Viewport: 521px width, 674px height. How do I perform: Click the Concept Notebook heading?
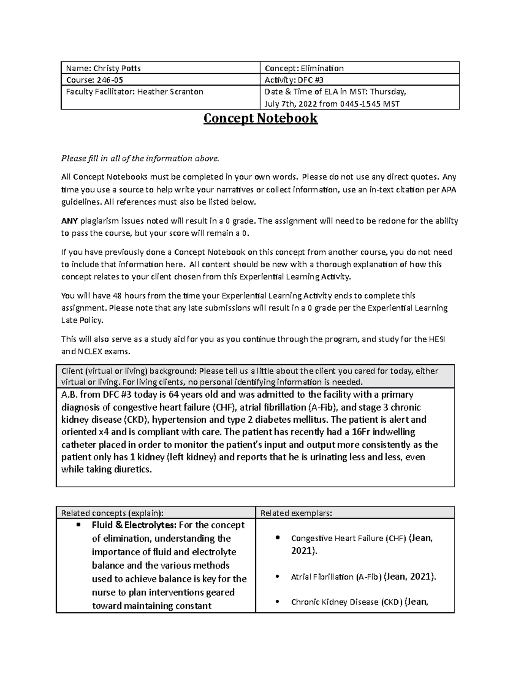[260, 118]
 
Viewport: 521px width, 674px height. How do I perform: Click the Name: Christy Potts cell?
[103, 68]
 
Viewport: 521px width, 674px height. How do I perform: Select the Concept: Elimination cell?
[304, 68]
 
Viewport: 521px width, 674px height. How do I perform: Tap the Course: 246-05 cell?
[91, 80]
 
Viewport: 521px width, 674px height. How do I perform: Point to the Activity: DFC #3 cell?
[294, 80]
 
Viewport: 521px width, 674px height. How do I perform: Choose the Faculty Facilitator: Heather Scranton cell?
[135, 92]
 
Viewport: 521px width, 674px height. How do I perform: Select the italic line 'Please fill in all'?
[140, 158]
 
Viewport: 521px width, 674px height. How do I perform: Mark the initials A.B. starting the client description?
[69, 395]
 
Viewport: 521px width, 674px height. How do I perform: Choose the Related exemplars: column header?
[296, 513]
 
